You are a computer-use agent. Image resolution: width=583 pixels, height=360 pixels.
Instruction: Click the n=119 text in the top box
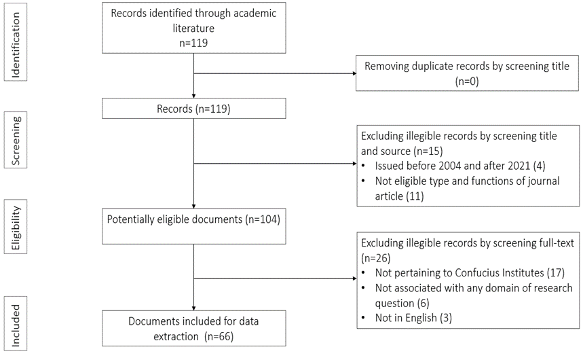coord(193,41)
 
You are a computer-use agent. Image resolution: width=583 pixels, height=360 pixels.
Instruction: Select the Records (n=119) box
coord(193,108)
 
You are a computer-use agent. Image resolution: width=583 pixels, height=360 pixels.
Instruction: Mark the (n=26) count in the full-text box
coord(375,258)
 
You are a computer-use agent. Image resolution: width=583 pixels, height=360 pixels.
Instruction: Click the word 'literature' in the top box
coord(193,27)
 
